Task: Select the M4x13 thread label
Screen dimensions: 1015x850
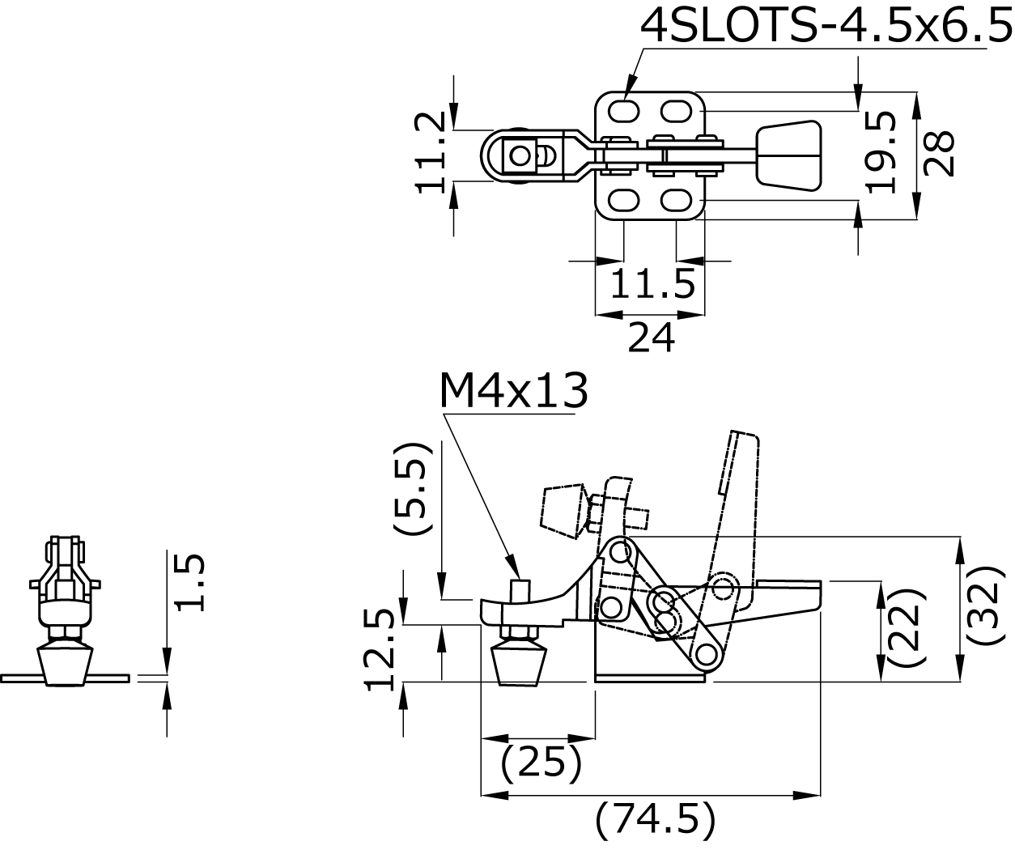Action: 514,392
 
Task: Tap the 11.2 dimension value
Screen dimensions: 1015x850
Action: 431,152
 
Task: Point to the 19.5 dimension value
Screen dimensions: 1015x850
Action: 880,152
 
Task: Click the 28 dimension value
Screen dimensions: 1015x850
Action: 939,154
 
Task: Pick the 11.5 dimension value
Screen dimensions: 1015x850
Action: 652,284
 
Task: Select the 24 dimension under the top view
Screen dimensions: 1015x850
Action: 652,338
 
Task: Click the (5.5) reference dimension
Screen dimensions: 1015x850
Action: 413,488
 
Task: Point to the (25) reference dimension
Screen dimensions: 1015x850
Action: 541,763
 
